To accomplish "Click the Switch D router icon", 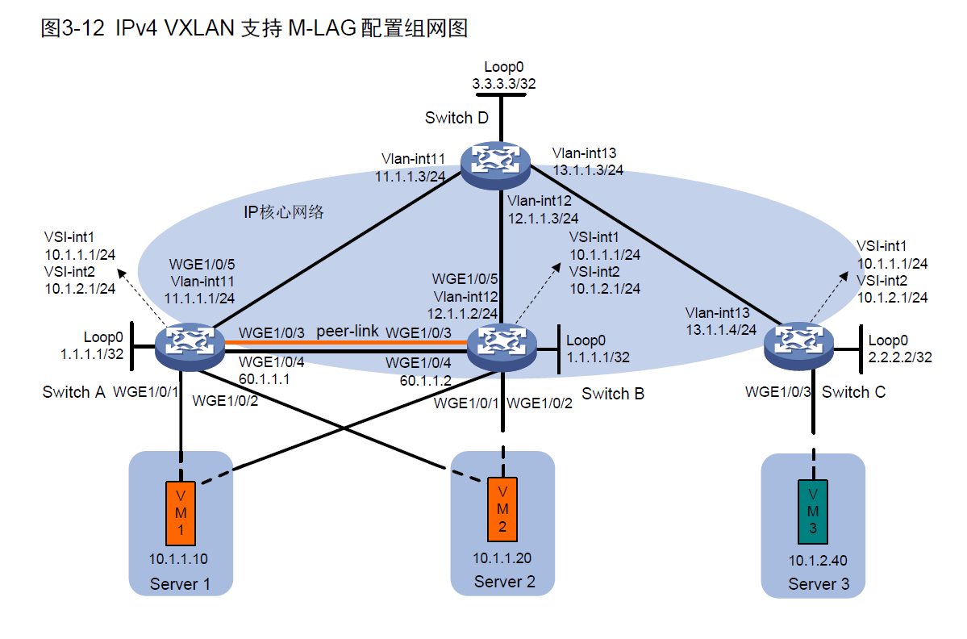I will pos(494,161).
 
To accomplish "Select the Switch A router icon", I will pos(192,344).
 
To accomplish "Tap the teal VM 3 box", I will pos(813,511).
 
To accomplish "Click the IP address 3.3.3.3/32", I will pos(503,82).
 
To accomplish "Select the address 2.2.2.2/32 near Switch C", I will pos(900,356).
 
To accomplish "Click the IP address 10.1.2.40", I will pos(818,561).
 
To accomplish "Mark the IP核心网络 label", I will pos(283,212).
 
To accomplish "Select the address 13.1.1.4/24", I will pos(720,328).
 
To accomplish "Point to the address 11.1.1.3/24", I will pos(411,176).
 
